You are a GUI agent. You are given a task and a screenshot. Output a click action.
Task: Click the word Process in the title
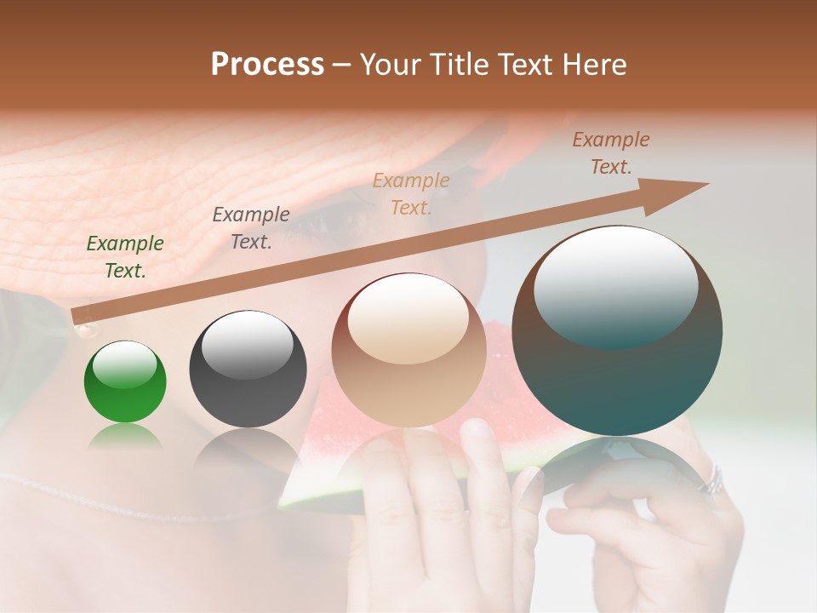click(x=267, y=65)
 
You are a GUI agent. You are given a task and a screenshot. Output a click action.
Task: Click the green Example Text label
click(x=125, y=257)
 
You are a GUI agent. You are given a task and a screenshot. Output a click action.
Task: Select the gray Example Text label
click(x=251, y=228)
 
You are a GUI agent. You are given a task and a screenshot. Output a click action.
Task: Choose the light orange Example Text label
click(x=411, y=193)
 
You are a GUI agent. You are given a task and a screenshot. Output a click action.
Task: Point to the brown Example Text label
click(x=611, y=153)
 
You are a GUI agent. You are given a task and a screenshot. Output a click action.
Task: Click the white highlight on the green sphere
click(x=124, y=364)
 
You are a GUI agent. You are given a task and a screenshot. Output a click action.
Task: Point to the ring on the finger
click(x=711, y=482)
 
